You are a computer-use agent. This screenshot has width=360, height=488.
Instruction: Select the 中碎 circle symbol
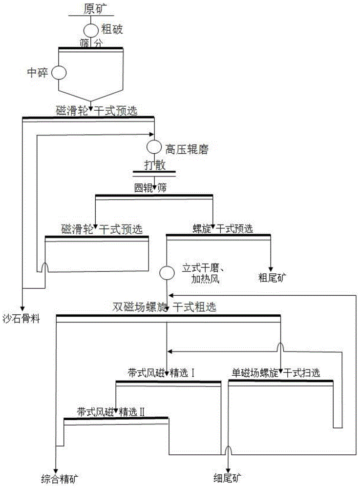(x=59, y=73)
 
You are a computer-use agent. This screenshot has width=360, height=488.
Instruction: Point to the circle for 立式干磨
(x=167, y=273)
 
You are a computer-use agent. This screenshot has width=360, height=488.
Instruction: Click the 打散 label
(x=154, y=165)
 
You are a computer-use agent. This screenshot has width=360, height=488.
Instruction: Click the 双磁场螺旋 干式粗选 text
(x=168, y=307)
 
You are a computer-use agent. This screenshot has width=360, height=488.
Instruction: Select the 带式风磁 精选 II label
(x=111, y=411)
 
